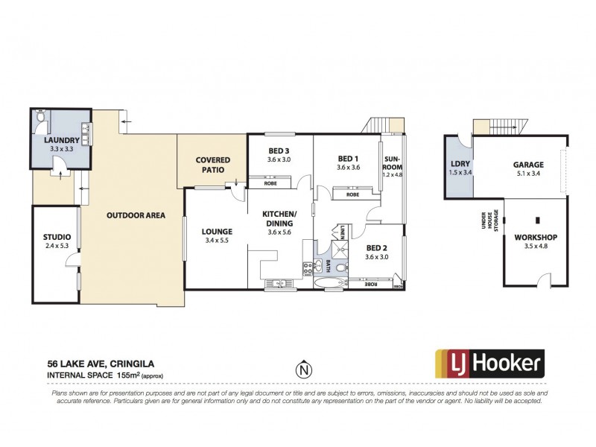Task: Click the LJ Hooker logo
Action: [x=489, y=364]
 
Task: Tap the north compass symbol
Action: [x=302, y=368]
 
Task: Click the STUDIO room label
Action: [x=56, y=238]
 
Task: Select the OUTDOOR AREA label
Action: [x=135, y=215]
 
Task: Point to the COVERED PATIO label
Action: [x=212, y=165]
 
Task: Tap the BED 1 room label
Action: [x=348, y=158]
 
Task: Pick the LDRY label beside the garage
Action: [x=458, y=165]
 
